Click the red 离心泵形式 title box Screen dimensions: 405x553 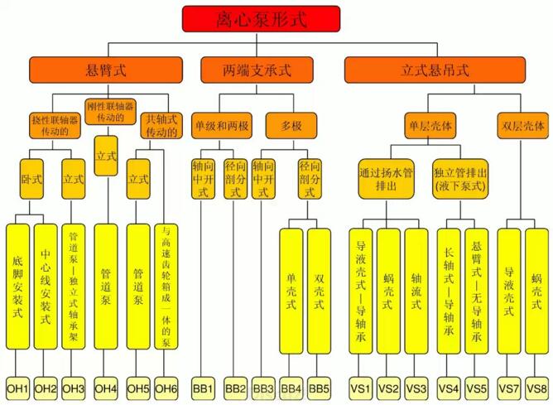(261, 19)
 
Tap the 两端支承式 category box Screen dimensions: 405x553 (257, 70)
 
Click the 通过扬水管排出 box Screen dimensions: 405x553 (391, 180)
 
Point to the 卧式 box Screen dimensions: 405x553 (31, 178)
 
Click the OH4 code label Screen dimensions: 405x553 (106, 388)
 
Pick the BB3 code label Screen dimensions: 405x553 (263, 388)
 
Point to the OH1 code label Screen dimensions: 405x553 (18, 388)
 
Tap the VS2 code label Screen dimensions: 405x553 (388, 388)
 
